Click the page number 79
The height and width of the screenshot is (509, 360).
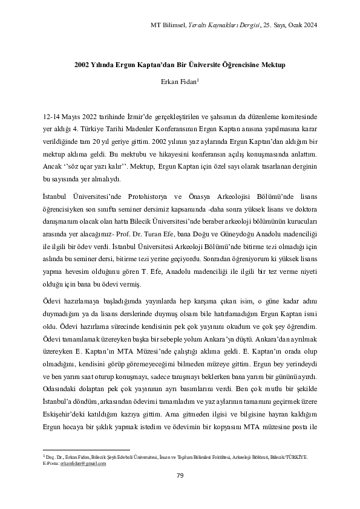point(180,475)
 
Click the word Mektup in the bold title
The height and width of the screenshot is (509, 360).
point(270,63)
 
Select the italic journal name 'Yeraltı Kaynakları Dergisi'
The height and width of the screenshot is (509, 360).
point(222,25)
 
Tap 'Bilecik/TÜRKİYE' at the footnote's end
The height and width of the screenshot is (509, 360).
point(293,458)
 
